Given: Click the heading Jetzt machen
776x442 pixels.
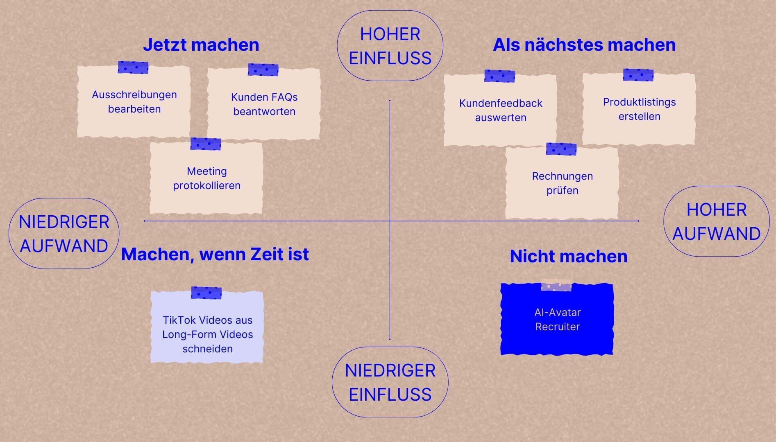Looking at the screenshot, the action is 201,45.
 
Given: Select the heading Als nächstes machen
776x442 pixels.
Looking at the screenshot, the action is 584,45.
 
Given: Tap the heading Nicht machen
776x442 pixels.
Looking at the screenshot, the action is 568,257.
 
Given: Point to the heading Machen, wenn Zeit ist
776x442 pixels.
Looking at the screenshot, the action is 215,255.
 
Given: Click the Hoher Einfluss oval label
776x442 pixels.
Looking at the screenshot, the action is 390,46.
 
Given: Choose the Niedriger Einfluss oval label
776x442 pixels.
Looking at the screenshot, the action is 390,382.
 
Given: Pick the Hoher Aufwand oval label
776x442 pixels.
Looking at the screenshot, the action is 716,221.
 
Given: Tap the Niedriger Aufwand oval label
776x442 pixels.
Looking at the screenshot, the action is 64,234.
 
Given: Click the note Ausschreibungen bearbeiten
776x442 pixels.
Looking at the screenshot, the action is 134,102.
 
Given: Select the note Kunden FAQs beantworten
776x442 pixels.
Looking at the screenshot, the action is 264,104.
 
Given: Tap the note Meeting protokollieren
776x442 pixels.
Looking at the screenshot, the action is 206,178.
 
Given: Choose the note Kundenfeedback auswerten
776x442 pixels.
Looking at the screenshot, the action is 500,110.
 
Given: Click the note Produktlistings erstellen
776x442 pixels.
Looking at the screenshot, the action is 639,109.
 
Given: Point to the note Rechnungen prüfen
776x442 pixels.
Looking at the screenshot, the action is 562,183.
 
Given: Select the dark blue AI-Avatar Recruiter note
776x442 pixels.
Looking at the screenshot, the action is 557,320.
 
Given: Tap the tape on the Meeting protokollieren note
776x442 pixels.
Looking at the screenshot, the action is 206,144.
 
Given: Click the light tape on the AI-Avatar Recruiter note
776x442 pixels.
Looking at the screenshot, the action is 556,285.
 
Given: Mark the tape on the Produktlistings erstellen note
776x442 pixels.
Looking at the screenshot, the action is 638,75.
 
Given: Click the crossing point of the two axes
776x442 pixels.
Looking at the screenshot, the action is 390,221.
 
